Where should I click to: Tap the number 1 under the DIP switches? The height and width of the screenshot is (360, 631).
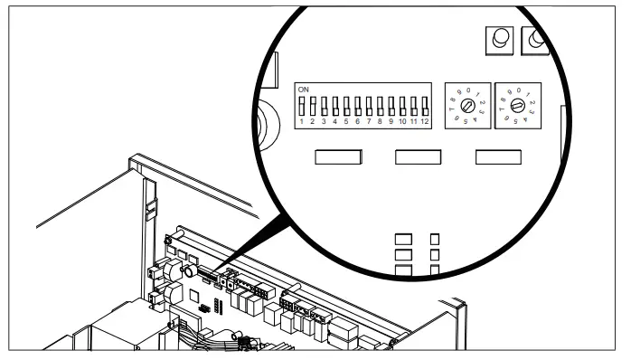pos(302,119)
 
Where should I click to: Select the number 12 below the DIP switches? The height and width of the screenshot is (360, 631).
pos(423,119)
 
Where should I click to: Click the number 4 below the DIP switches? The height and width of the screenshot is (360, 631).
pos(335,119)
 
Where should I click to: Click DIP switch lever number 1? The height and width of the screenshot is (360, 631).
pos(302,105)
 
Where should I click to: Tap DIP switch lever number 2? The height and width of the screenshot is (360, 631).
pos(313,105)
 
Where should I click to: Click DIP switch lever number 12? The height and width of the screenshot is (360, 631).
pos(423,105)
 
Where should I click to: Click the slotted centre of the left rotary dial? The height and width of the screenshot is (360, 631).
pos(467,105)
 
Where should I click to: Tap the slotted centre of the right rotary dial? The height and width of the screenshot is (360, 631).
pos(516,105)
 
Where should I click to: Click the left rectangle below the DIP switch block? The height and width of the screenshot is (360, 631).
pos(336,157)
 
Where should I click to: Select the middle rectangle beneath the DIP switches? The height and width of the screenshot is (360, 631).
pos(418,157)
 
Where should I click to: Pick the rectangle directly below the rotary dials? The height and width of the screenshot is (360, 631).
pos(498,157)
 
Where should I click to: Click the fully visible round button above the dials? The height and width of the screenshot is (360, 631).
pos(498,39)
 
